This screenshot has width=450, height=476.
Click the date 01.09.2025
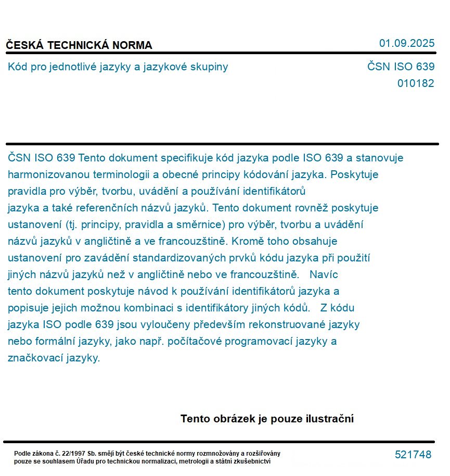tap(406, 43)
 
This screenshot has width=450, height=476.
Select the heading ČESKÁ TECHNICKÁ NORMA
tap(79, 45)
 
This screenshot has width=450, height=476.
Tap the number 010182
tap(415, 83)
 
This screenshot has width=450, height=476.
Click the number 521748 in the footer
tap(413, 455)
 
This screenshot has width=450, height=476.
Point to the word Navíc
tap(324, 274)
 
